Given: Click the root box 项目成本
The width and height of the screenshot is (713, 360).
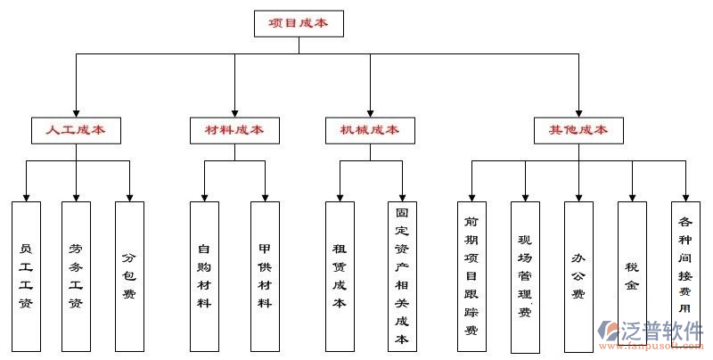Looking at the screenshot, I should click(299, 23).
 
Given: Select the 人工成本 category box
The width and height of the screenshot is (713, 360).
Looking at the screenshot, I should click(76, 130).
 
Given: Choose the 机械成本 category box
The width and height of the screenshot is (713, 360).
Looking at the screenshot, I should click(369, 130).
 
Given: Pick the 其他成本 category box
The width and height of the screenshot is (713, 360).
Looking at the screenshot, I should click(578, 130).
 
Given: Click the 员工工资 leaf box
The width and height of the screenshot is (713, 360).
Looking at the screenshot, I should click(26, 274).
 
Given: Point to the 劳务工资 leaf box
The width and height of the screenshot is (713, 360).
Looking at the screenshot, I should click(76, 274).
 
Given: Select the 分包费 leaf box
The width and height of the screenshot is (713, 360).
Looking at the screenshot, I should click(129, 274).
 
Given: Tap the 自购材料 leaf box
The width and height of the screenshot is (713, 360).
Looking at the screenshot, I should click(204, 274).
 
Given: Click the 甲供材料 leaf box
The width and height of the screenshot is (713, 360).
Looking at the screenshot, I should click(265, 274).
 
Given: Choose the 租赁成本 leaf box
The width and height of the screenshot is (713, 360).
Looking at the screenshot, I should click(340, 274).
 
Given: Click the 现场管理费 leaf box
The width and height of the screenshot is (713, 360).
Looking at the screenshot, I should click(525, 274).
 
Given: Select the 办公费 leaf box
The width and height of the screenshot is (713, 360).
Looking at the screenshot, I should click(578, 274).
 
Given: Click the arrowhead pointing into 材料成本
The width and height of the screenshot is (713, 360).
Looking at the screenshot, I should click(234, 111).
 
